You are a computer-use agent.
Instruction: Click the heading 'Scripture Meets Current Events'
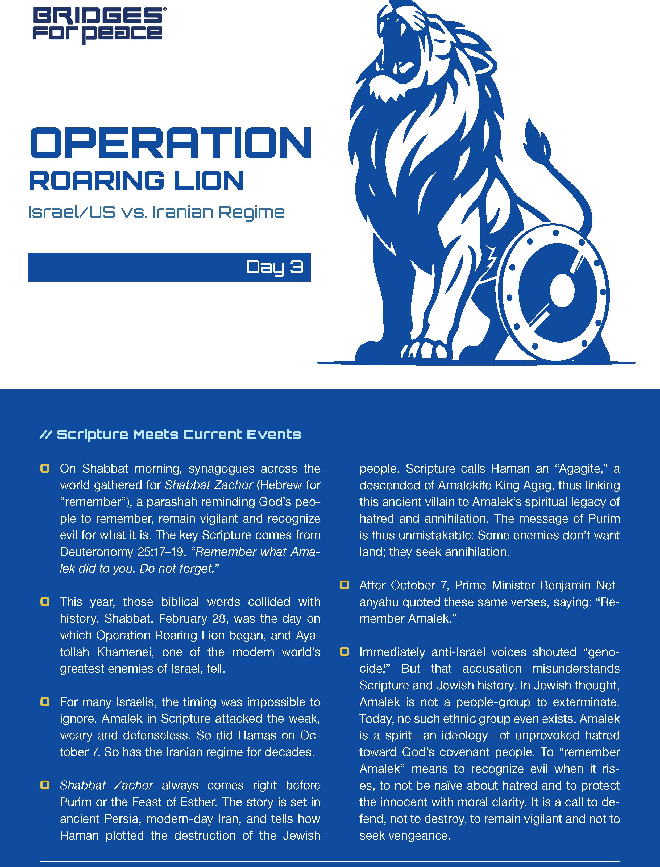179,435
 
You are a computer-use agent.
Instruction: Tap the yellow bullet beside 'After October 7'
344,585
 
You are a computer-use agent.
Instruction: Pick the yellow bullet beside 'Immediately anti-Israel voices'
344,652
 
